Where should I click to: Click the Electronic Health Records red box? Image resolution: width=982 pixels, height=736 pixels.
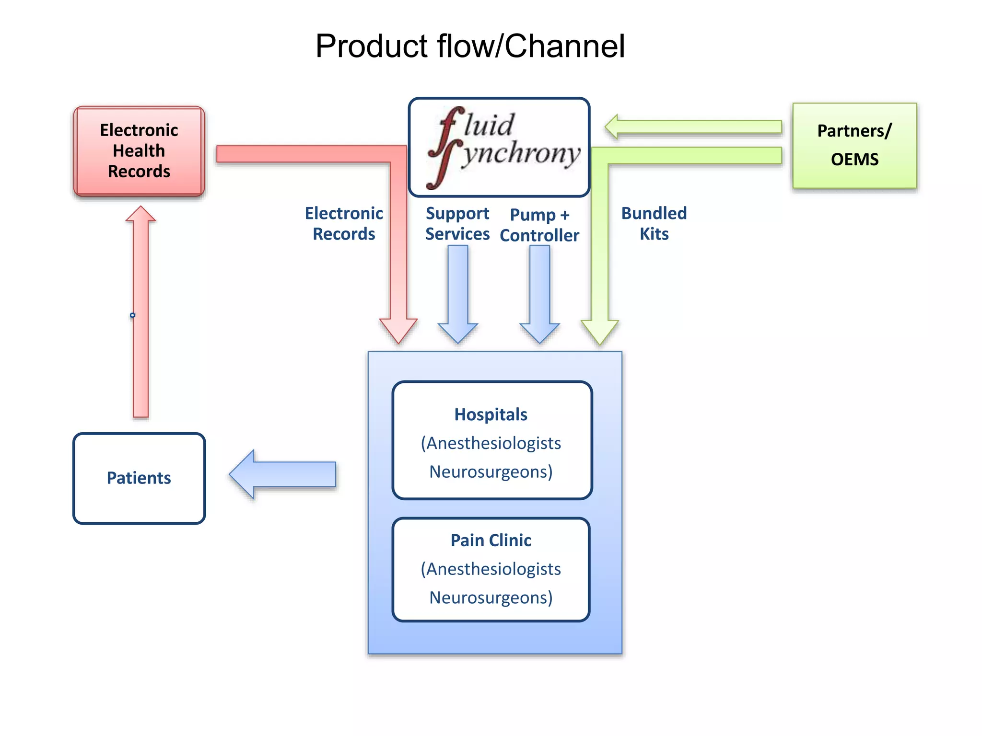pos(139,151)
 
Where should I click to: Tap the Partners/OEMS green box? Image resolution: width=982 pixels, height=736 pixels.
pos(854,145)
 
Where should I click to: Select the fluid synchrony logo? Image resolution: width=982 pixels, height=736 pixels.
pos(499,147)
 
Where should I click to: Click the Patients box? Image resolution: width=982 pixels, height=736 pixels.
pos(139,478)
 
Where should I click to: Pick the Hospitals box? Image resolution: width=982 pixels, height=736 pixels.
pos(492,440)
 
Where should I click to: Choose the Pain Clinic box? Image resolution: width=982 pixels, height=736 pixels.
pos(491,569)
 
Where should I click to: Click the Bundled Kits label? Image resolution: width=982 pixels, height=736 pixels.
pos(654,223)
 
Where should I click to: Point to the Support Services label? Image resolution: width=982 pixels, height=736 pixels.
pos(457,223)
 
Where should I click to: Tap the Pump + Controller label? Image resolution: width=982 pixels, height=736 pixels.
pos(539,225)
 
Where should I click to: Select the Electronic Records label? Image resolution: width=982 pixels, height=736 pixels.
pos(344,223)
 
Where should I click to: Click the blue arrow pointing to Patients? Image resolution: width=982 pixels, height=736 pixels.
pos(283,474)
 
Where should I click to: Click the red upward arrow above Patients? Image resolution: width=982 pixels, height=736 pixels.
pos(140,311)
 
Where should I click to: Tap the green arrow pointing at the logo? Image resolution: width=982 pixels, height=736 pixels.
pos(693,127)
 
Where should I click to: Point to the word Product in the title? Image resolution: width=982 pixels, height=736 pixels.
pos(372,46)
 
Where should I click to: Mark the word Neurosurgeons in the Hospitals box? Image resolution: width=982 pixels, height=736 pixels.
pos(491,471)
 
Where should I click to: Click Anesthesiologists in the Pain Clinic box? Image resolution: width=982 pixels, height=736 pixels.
pos(491,569)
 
